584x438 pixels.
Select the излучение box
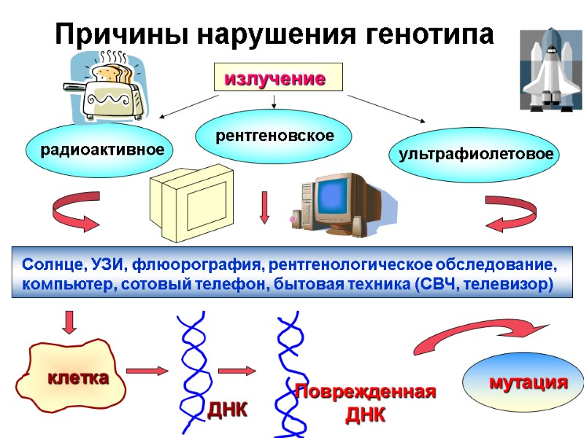(x=277, y=77)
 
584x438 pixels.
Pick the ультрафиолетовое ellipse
(x=474, y=154)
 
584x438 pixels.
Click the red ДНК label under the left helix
(x=228, y=410)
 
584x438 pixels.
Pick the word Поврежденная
(x=365, y=392)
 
